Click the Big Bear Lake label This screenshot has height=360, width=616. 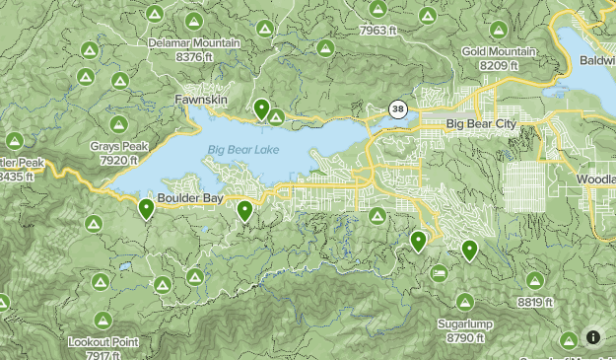coord(242,149)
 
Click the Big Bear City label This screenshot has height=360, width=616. coord(480,124)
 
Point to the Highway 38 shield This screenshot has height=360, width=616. coord(397,108)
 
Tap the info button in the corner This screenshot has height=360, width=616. coord(592,336)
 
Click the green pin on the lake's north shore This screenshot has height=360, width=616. coord(261,108)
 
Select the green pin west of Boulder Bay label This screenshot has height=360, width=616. coord(146,207)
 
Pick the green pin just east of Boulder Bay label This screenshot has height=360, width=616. coord(244,209)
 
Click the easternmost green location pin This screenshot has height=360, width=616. coord(469,250)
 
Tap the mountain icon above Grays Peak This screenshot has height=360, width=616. coord(118,124)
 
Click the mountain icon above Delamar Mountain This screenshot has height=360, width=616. coord(193,21)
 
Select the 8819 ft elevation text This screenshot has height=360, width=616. coord(534,302)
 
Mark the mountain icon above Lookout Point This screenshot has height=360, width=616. coord(103,320)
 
